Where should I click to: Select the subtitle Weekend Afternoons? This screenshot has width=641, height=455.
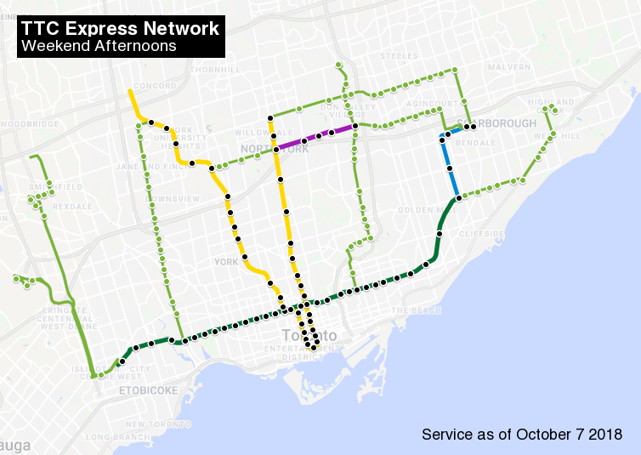[x=99, y=46]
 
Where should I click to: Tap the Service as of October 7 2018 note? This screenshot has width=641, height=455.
[x=521, y=435]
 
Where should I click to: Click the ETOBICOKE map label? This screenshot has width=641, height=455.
[x=148, y=390]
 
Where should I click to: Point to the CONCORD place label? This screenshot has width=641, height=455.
[x=155, y=86]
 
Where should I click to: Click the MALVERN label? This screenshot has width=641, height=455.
[x=509, y=66]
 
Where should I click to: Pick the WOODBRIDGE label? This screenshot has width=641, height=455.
[x=31, y=124]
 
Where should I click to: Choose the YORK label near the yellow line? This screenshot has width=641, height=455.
[x=227, y=262]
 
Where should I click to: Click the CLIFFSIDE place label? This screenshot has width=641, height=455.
[x=482, y=233]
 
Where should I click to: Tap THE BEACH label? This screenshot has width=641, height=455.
[x=411, y=310]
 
